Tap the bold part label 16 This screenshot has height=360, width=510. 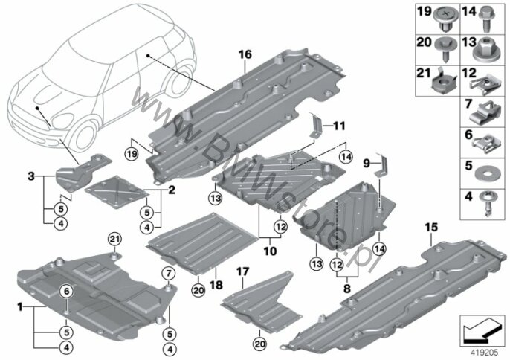pos(245,54)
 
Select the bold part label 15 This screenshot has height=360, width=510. pos(432,228)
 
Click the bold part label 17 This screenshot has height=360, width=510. pos(243,271)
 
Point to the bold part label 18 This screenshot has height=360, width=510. pos(216,285)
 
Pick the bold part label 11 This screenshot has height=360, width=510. pos(340,126)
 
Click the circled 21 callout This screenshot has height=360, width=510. pos(114,240)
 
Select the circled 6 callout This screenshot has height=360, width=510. pos(67,292)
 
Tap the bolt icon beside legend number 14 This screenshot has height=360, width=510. pos(486,19)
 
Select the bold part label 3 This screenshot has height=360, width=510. pos(31,177)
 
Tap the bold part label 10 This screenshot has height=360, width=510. pos(271,251)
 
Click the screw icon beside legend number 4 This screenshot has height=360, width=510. pos(486,205)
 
